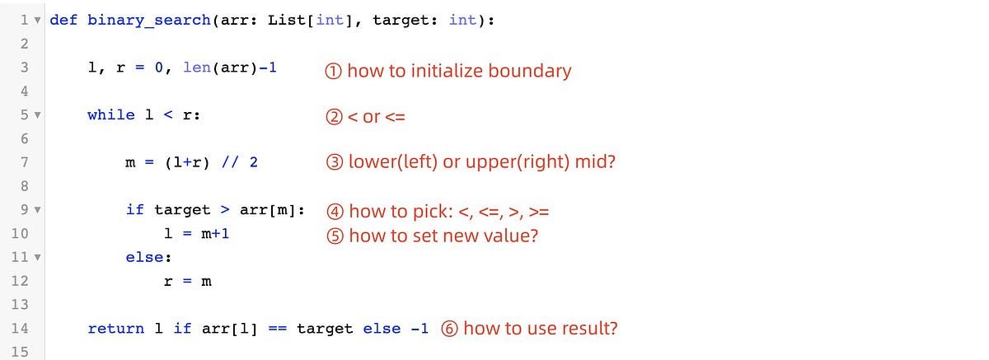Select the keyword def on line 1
pyautogui.click(x=63, y=20)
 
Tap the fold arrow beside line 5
pyautogui.click(x=37, y=115)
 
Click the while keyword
pyautogui.click(x=111, y=115)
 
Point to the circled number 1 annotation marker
pyautogui.click(x=334, y=71)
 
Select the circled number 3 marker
pyautogui.click(x=334, y=162)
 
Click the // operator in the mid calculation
pyautogui.click(x=230, y=162)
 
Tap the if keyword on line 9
pyautogui.click(x=135, y=210)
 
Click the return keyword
pyautogui.click(x=116, y=329)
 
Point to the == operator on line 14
pyautogui.click(x=277, y=329)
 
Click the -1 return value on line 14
pyautogui.click(x=420, y=329)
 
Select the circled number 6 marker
pyautogui.click(x=450, y=329)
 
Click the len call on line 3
pyautogui.click(x=196, y=68)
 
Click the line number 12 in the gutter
pyautogui.click(x=21, y=282)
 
